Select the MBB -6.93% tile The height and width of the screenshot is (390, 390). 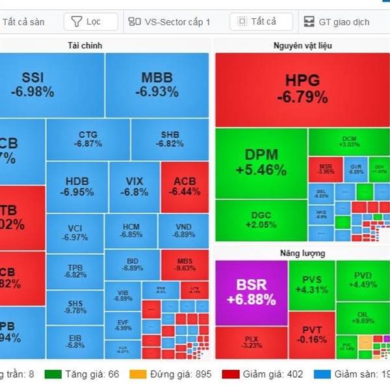157,84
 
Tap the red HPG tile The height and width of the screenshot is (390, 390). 302,90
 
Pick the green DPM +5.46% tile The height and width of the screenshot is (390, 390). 261,162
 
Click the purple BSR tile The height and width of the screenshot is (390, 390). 251,292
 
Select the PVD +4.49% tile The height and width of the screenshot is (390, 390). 362,279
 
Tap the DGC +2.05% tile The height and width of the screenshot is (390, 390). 261,220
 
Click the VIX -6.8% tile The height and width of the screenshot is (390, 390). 134,186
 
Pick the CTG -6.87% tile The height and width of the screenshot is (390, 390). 88,139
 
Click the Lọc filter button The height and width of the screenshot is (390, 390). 90,21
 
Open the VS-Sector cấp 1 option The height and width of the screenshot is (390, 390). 170,21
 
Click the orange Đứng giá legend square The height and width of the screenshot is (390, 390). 138,374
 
